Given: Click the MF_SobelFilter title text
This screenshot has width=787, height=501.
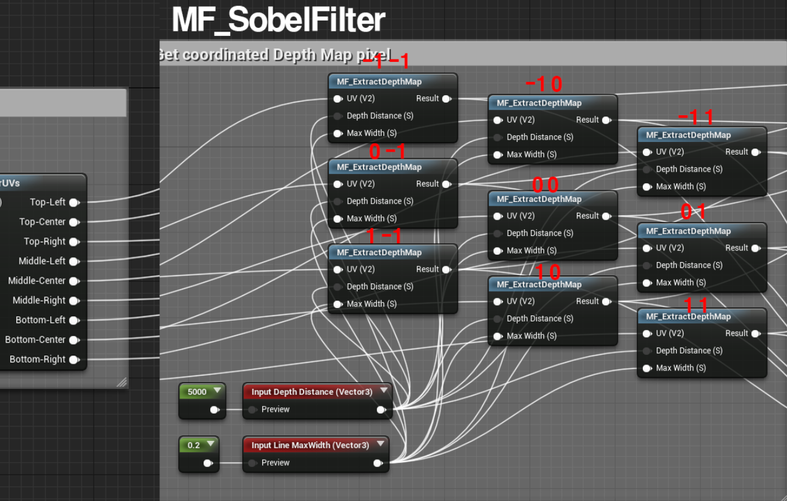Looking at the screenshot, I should tap(278, 19).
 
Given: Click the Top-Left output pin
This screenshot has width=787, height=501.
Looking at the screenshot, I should tap(74, 202).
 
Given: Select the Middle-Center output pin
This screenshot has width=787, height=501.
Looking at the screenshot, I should tap(74, 281).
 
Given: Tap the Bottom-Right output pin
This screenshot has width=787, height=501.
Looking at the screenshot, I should tap(74, 360).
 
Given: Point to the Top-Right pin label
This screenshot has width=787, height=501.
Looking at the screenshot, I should tap(44, 241).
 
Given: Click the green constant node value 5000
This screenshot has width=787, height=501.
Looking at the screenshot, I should tap(197, 392).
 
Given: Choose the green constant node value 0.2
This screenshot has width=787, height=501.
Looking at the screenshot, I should tap(194, 445).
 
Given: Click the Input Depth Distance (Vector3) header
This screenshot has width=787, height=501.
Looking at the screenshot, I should tap(312, 392).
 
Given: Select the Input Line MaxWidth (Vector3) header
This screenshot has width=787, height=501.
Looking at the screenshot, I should tap(310, 445).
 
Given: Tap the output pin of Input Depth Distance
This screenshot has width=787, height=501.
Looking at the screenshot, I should tap(380, 410).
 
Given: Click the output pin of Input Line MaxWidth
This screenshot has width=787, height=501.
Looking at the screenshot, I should tap(377, 463).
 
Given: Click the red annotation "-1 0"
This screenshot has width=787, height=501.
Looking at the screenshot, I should tap(543, 84).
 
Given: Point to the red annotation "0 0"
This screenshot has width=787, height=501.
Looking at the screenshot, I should tap(545, 184).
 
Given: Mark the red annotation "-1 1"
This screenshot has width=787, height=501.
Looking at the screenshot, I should tap(696, 116).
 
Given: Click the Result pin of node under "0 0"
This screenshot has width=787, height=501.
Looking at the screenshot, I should tap(606, 216).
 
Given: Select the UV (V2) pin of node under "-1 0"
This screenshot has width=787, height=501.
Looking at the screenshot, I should tap(498, 120).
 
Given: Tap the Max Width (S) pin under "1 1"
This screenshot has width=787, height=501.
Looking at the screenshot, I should tap(647, 368).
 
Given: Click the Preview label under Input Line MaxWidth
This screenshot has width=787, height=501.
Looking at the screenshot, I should tap(275, 463).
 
